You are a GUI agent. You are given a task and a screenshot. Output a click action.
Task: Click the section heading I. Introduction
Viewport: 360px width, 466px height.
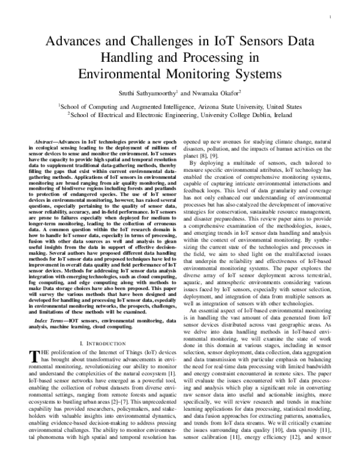tap(101, 342)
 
